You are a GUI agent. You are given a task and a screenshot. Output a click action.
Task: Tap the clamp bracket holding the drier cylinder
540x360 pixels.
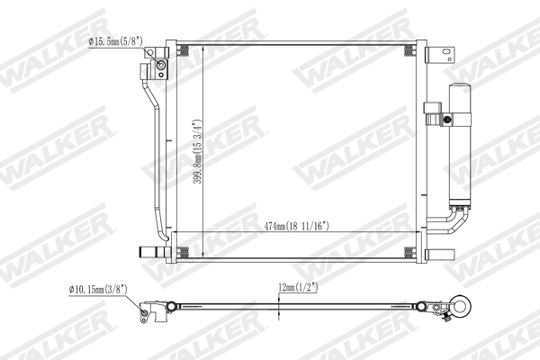[x=435, y=114]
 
